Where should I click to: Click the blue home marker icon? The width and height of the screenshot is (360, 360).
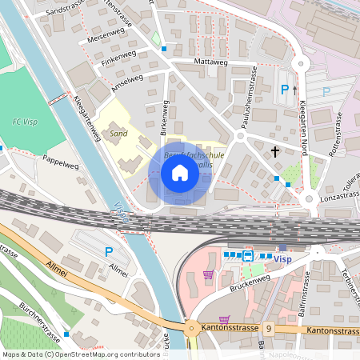coord(180,173)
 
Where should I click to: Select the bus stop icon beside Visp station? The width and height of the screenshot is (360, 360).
coord(248,256)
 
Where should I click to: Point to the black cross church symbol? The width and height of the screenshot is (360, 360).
coord(275,150)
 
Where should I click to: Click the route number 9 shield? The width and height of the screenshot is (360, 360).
coord(270,328)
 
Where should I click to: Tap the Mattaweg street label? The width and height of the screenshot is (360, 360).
coord(211,61)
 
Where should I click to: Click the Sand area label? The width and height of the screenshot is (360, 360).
coord(119,134)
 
